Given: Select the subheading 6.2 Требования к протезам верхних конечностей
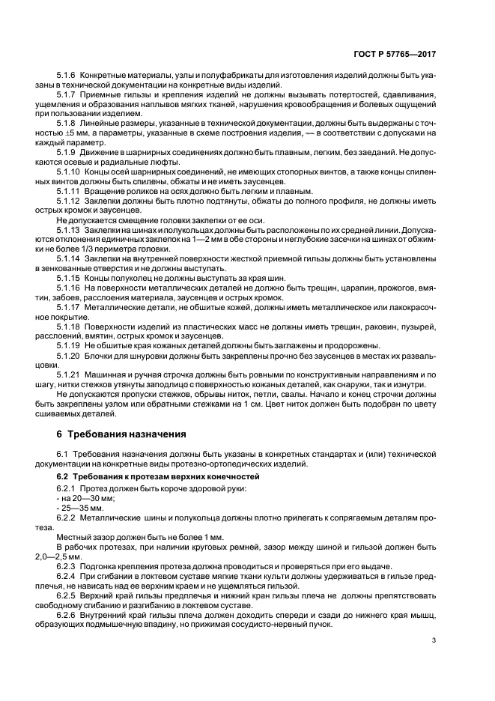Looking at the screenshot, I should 158,476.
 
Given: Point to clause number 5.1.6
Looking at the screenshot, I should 68,76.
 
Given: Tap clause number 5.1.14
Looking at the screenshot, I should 70,258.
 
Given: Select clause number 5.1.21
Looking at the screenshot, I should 70,373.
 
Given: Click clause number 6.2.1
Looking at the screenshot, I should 68,488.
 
